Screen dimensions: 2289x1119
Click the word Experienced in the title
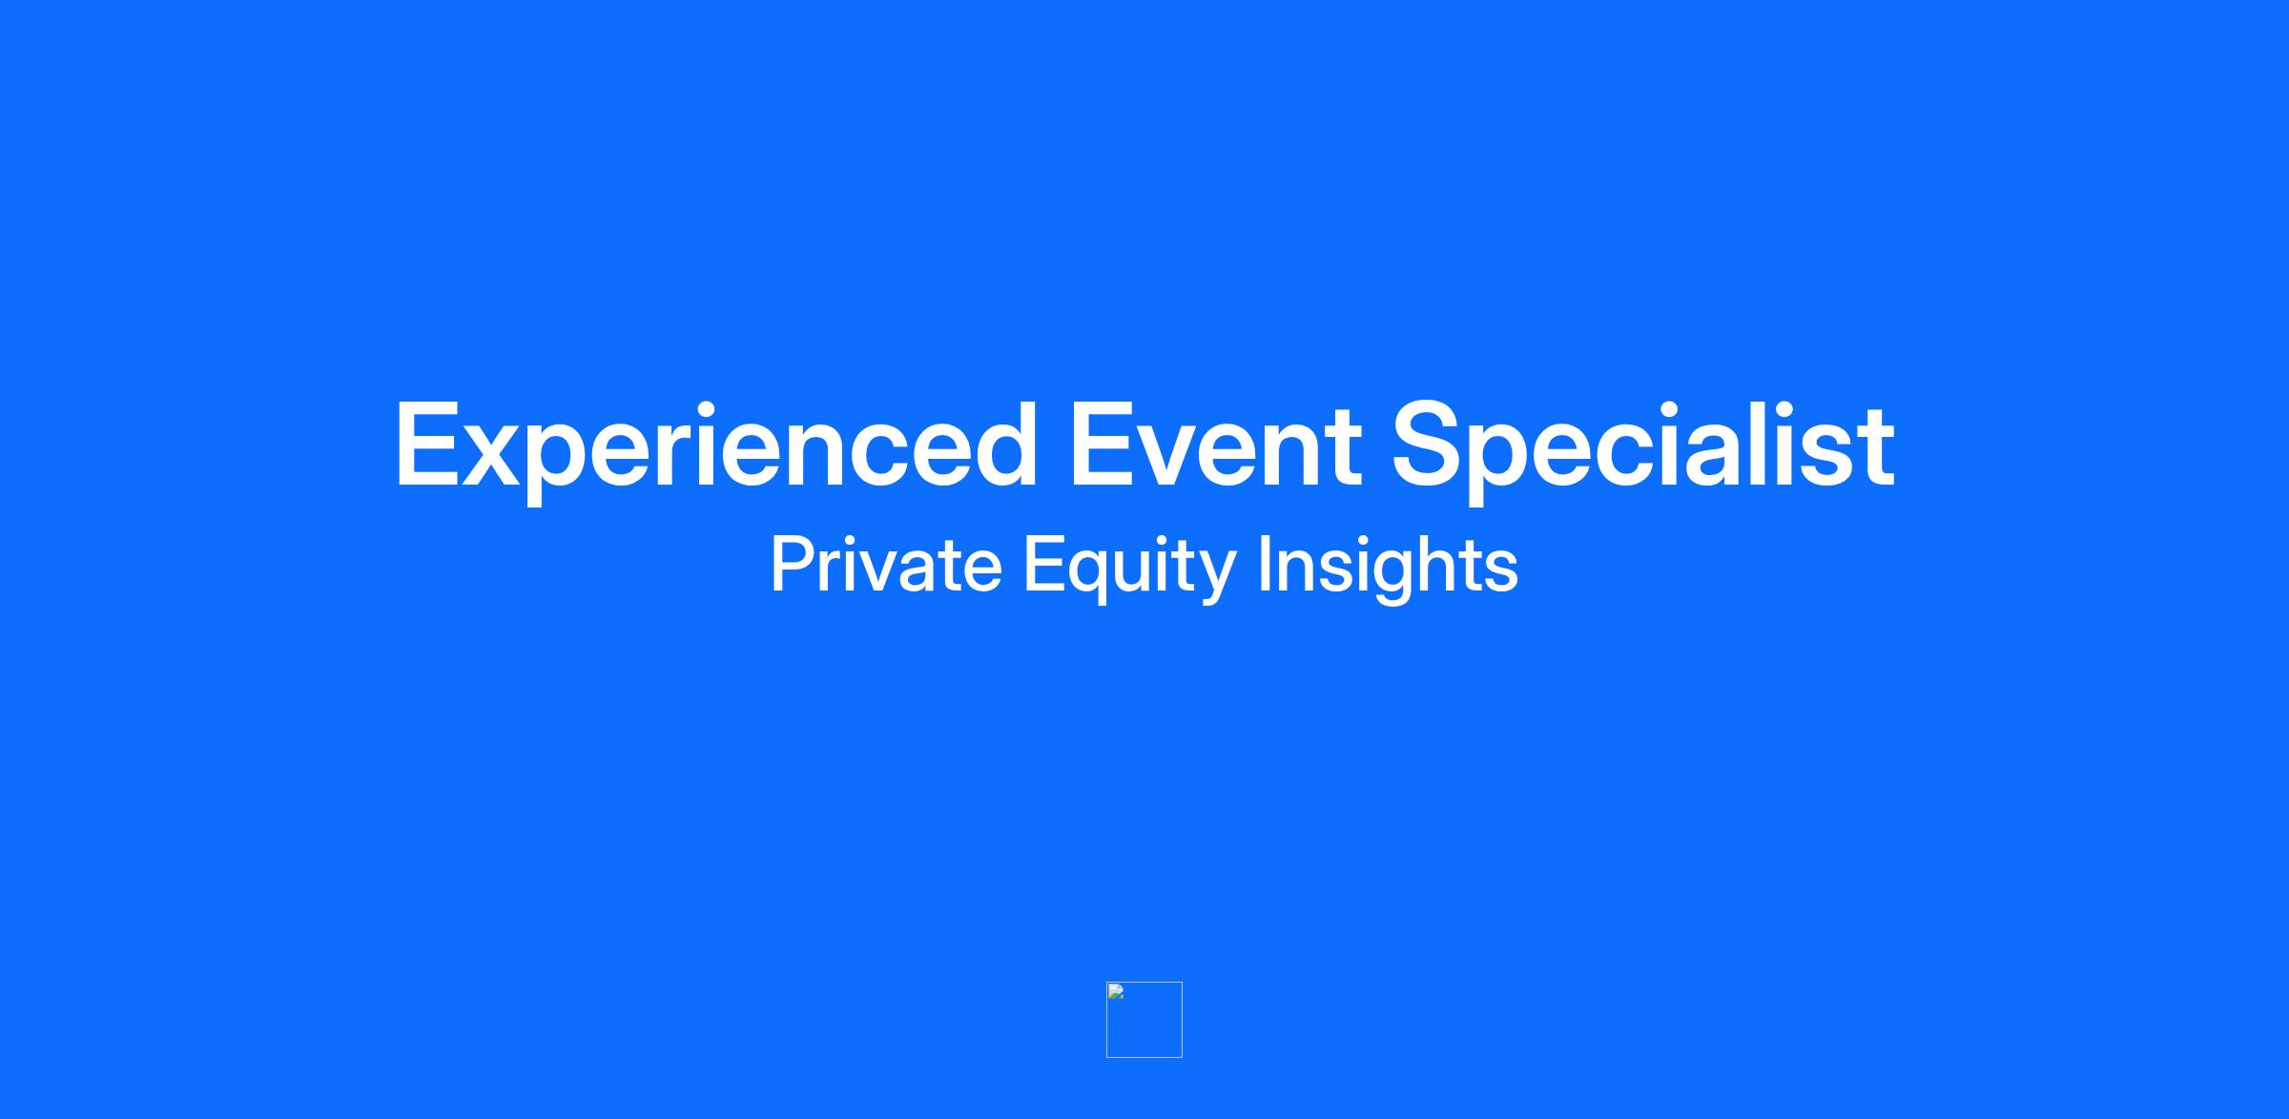coord(716,447)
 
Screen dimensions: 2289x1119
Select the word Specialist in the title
coord(1643,447)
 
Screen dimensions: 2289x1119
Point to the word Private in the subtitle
coord(886,564)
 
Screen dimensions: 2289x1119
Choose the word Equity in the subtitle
coord(1130,568)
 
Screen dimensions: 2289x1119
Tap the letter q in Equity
coord(1089,576)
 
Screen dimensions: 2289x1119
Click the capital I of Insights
coord(1265,564)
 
